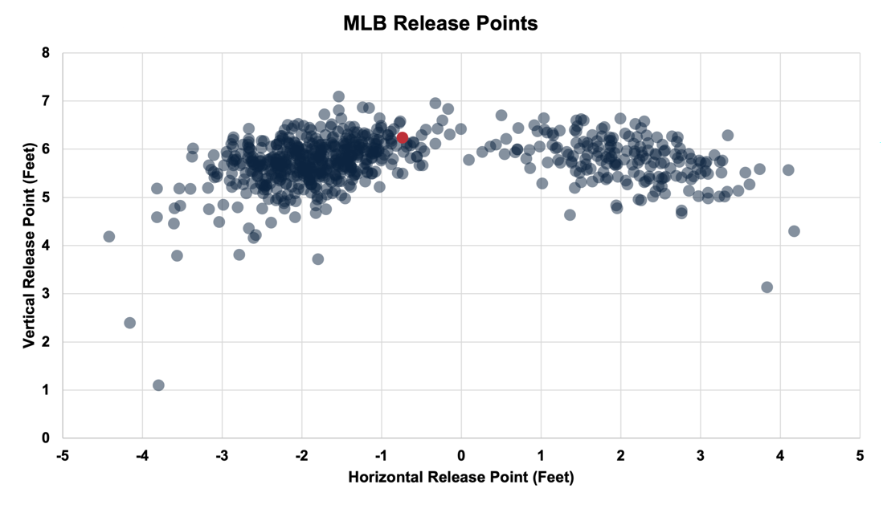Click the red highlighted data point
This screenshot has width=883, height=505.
(403, 137)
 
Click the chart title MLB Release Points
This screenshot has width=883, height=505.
(440, 24)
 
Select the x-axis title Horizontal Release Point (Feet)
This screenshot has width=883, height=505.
(461, 478)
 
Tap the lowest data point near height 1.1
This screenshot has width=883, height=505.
(158, 385)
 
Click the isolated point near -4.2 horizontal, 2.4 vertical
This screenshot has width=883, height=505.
(129, 323)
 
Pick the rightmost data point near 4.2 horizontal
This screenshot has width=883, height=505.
(794, 231)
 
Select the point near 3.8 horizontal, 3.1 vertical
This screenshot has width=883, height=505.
(766, 287)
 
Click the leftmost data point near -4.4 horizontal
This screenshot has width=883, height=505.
(109, 236)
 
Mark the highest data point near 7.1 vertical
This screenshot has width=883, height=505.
(339, 96)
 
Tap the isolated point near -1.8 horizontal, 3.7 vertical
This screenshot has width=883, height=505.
(318, 259)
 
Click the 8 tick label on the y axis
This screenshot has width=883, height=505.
(46, 53)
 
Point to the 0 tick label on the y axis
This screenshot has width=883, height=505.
(46, 438)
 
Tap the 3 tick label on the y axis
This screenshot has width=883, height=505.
(46, 294)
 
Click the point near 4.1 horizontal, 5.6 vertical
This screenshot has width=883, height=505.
(788, 169)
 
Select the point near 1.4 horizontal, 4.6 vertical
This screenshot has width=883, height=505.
(570, 214)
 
